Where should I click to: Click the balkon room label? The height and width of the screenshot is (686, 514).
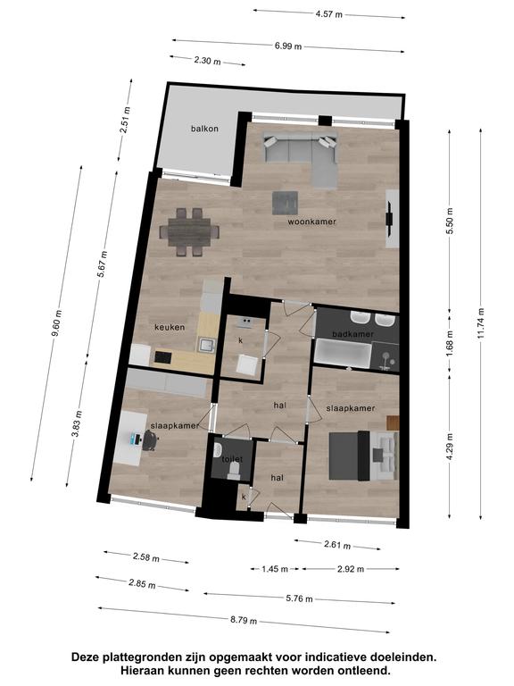coord(204,129)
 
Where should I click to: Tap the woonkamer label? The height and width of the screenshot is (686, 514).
coord(312,222)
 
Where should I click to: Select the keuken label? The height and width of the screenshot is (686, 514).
coord(170,327)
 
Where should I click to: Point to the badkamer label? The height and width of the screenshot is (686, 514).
coord(353,334)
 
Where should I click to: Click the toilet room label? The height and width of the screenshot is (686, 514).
coord(232,459)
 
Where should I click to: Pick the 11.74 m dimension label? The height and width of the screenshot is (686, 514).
coord(481,323)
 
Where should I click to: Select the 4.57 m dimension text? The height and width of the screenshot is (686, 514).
coord(329,14)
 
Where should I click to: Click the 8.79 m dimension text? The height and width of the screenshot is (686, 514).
coord(244,620)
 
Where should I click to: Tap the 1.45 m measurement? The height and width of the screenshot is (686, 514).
coord(275,569)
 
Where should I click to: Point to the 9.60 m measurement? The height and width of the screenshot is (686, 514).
coord(57,323)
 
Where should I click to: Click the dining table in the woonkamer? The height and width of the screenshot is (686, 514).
coord(189,232)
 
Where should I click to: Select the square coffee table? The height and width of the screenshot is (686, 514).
coord(285,203)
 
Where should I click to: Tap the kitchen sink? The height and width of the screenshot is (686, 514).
coord(205,345)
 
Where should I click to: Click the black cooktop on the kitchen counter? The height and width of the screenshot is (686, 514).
coord(162,357)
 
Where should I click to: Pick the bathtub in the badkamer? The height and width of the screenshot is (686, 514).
coord(343,353)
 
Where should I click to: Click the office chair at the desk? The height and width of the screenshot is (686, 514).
coord(149,439)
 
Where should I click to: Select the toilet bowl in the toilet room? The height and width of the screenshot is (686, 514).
coord(235,472)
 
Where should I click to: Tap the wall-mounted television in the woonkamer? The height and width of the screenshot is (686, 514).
coord(389,218)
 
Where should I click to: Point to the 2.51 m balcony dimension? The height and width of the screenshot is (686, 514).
coord(125,121)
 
